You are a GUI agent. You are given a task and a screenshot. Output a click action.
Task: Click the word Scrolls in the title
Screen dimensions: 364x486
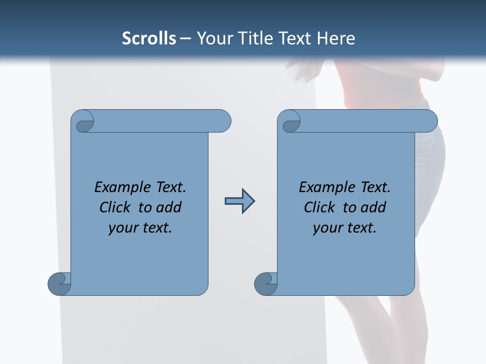click(149, 38)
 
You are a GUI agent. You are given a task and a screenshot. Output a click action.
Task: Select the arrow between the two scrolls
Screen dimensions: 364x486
click(239, 201)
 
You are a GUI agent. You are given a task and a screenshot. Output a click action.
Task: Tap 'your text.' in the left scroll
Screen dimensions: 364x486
click(140, 227)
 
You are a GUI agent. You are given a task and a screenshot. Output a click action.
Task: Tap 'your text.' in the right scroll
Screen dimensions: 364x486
click(345, 227)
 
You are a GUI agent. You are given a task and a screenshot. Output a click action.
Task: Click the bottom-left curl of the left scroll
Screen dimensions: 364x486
click(60, 284)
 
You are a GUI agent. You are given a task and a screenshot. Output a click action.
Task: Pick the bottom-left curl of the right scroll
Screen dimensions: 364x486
click(266, 284)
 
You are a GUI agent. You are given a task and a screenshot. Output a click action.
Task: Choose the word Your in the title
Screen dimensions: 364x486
click(213, 38)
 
